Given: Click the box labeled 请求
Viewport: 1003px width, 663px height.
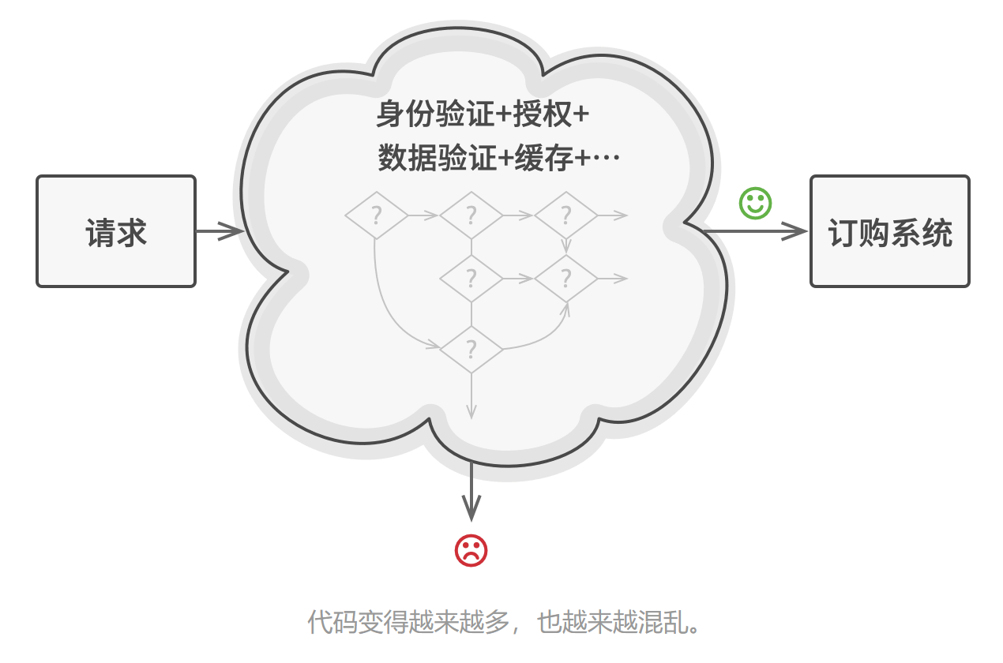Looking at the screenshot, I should coord(116,231).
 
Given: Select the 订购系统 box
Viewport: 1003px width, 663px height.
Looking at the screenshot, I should coord(889,231).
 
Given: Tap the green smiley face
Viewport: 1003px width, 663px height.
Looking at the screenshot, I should coord(755,203).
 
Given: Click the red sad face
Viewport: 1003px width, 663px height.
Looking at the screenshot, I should coord(471,550).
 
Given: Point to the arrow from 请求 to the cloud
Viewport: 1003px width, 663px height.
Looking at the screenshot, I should coord(219,231).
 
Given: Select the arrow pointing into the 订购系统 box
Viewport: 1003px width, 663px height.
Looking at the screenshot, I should coord(754,231).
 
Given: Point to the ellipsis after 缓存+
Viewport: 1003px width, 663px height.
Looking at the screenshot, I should coord(606,159).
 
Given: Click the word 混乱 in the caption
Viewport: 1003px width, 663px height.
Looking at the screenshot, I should coord(667,624).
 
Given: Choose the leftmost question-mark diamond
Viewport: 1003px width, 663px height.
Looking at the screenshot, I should coord(377,215).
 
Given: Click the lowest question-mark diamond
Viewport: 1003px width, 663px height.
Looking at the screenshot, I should coord(471,349).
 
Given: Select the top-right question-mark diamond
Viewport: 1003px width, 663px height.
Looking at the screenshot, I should coord(565,215).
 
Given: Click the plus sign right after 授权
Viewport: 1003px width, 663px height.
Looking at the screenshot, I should coord(580,115).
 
